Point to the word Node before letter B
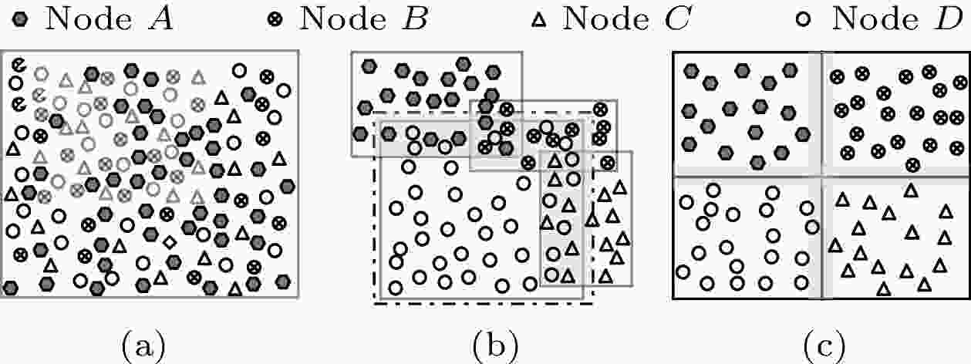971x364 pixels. click(332, 19)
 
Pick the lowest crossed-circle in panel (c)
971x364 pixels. click(913, 164)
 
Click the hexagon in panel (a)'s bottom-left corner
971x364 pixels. click(11, 288)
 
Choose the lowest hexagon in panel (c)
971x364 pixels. click(759, 162)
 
